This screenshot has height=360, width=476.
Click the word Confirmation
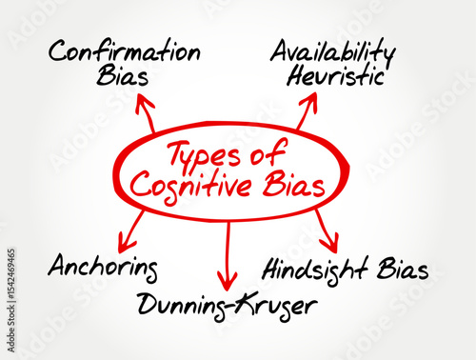pos(126,50)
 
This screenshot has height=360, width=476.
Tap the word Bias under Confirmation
pos(122,76)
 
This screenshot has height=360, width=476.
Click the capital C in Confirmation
pos(60,50)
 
